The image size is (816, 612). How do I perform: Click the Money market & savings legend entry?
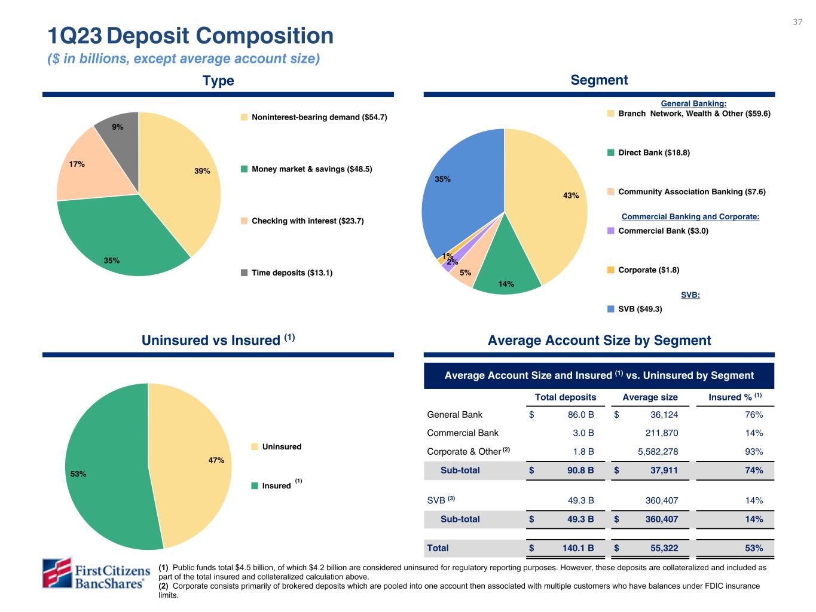[311, 169]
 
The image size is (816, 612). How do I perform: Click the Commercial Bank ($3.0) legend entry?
[663, 231]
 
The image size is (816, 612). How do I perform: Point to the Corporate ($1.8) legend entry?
[648, 270]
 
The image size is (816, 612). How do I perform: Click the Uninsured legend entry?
[282, 446]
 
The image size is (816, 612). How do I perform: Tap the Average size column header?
[650, 397]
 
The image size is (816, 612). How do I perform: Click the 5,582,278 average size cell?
[658, 451]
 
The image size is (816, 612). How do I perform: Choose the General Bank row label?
[454, 415]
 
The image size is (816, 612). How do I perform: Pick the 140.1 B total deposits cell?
[576, 548]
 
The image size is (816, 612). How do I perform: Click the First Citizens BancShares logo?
[96, 574]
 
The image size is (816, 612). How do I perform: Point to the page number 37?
[797, 22]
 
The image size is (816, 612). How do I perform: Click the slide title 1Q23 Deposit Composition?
[191, 36]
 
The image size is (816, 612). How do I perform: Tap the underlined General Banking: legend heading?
[693, 104]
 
